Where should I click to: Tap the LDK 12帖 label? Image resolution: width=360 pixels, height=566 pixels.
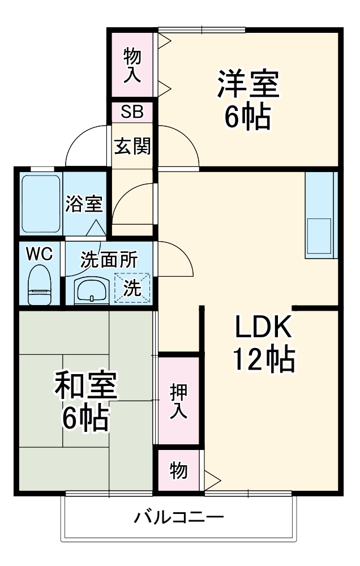[263, 342]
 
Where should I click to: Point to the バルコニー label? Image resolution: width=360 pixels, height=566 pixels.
[179, 517]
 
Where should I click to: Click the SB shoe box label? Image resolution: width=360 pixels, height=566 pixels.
[132, 112]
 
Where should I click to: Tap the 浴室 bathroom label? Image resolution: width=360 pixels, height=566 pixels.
[83, 203]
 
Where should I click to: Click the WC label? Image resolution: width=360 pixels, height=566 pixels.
[40, 254]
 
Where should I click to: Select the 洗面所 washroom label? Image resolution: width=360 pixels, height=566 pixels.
[108, 259]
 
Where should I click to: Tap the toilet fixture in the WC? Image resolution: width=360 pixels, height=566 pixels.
[40, 286]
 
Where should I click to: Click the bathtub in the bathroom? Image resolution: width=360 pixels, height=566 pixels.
[41, 203]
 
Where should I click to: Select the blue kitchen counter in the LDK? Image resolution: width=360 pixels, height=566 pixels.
[321, 214]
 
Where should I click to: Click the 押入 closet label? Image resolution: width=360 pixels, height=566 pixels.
[178, 401]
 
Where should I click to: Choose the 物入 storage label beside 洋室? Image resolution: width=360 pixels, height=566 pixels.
[132, 65]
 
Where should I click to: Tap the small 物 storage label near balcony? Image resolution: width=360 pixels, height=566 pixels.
[178, 470]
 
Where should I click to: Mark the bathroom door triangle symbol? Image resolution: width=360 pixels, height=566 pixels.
[96, 228]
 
